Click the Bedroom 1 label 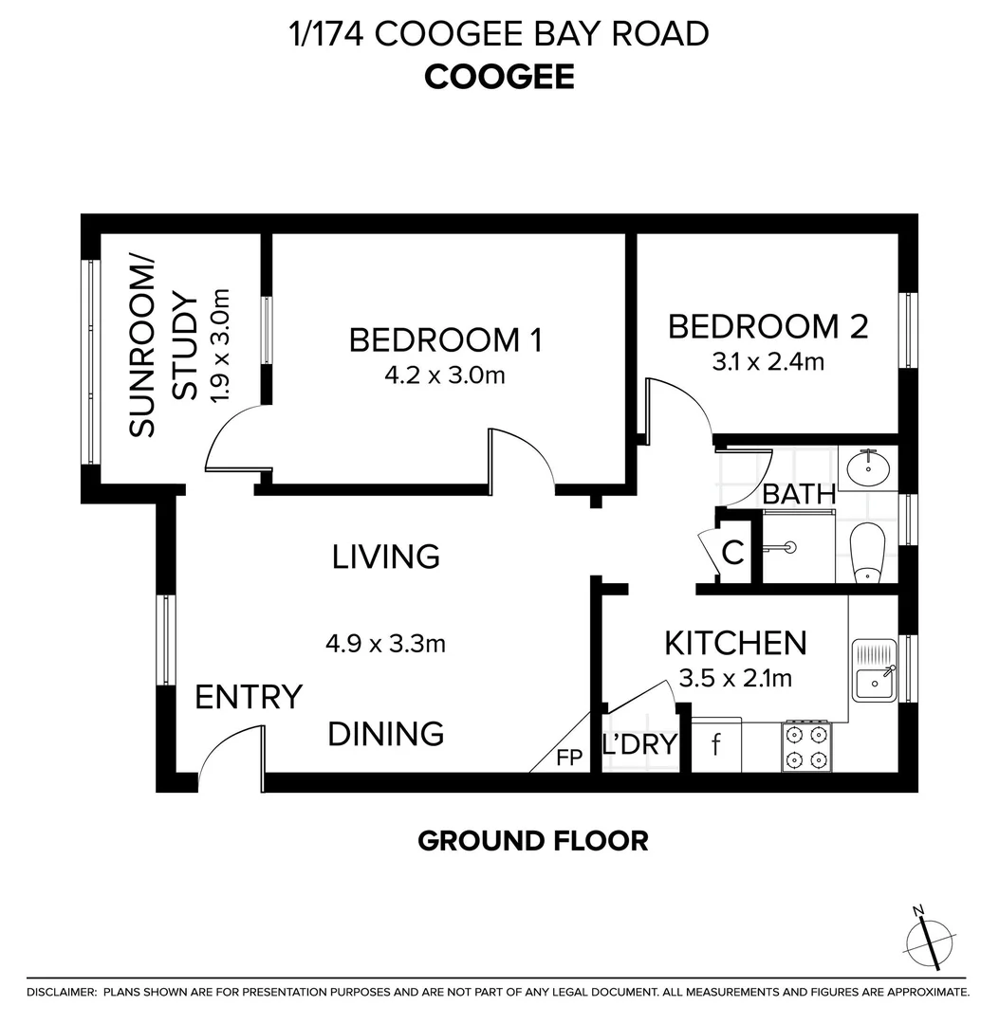445,339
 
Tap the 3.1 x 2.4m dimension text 768,361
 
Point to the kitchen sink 874,670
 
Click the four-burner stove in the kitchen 806,746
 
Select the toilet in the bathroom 867,553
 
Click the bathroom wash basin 867,468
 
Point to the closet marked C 733,552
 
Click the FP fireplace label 569,759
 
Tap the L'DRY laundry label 641,744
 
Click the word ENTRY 248,697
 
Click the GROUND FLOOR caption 533,840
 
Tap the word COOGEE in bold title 499,77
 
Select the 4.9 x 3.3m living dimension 385,644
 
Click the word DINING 386,733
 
